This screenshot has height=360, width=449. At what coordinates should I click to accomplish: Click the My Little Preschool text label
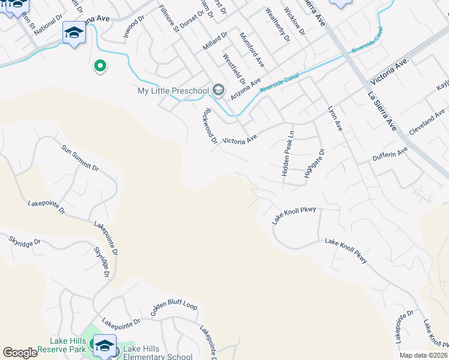173,91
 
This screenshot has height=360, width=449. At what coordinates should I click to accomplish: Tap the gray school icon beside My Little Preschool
218,91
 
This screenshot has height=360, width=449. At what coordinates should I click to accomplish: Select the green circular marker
100,66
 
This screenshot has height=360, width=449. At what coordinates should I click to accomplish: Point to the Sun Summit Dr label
80,157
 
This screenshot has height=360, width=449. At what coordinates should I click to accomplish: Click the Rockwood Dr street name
210,126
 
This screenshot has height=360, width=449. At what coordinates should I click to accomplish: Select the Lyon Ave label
335,119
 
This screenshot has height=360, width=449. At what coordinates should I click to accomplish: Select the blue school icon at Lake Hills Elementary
104,344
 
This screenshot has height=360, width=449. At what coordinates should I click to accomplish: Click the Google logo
20,353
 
